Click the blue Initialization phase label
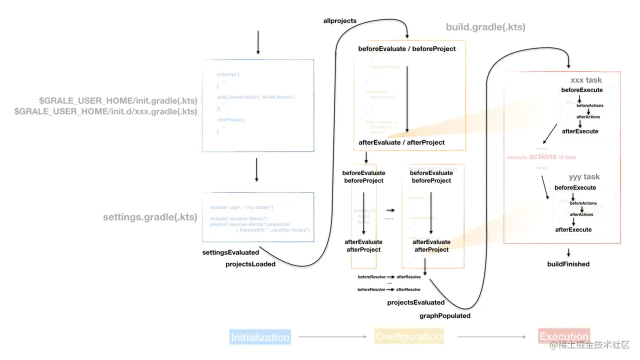coord(260,337)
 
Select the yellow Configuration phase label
coord(409,336)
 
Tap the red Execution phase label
coord(564,336)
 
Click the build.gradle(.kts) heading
coord(485,27)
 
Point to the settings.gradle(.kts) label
coord(150,217)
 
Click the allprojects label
coord(340,20)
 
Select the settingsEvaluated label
coord(230,252)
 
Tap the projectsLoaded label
coord(250,264)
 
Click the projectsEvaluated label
coord(415,302)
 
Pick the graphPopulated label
coord(444,315)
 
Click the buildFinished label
coord(568,264)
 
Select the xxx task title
coord(586,80)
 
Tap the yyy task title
coord(584,177)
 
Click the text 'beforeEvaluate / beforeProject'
coord(407,49)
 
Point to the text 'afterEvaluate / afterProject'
coord(401,142)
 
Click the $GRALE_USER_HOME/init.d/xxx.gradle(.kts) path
coord(105,111)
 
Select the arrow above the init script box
coord(258,42)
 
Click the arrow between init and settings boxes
coord(256,170)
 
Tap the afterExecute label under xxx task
coord(580,131)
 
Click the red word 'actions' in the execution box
coord(542,156)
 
